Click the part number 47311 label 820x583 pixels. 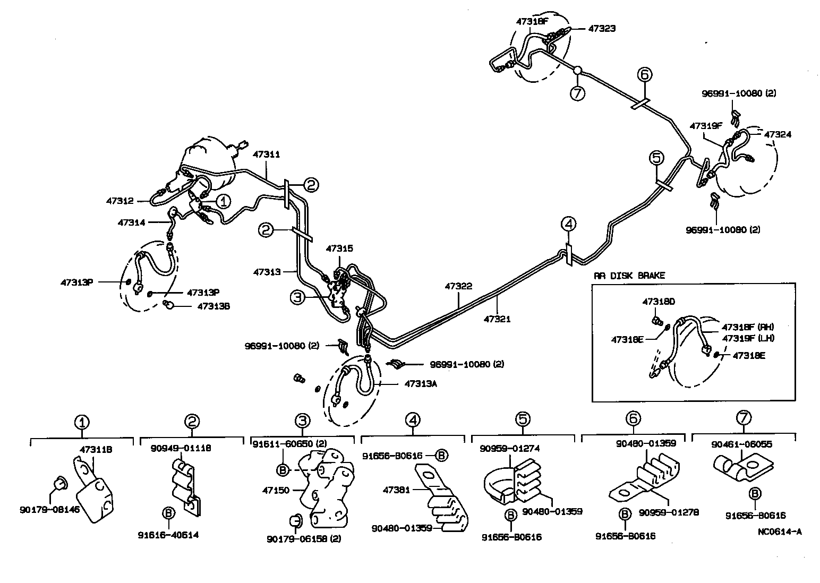click(x=266, y=155)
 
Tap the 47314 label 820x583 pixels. click(x=131, y=222)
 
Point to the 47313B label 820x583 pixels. click(x=213, y=306)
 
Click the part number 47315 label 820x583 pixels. click(x=339, y=248)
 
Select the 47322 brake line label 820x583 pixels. click(x=458, y=286)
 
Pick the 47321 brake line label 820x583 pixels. click(x=497, y=319)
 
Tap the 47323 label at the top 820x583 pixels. click(x=602, y=29)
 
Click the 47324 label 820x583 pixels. click(x=778, y=134)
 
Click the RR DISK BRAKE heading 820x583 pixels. click(x=629, y=276)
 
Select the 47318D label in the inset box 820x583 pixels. click(x=658, y=301)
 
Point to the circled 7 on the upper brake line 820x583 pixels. click(x=577, y=93)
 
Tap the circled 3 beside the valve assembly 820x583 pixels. click(x=297, y=298)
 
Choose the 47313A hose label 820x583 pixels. click(x=421, y=382)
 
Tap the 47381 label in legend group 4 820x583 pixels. click(x=396, y=490)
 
